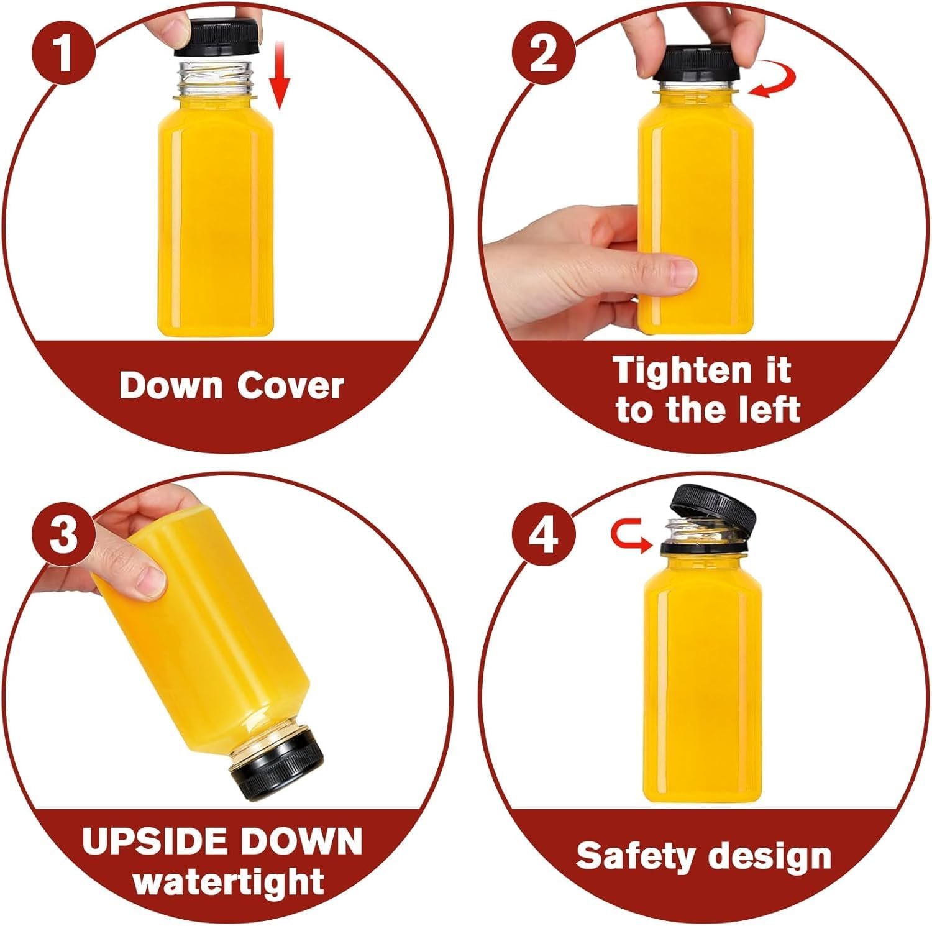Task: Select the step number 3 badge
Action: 65,534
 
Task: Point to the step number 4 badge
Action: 542,534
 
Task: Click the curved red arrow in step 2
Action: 773,83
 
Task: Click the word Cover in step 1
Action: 290,386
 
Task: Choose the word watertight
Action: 229,882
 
